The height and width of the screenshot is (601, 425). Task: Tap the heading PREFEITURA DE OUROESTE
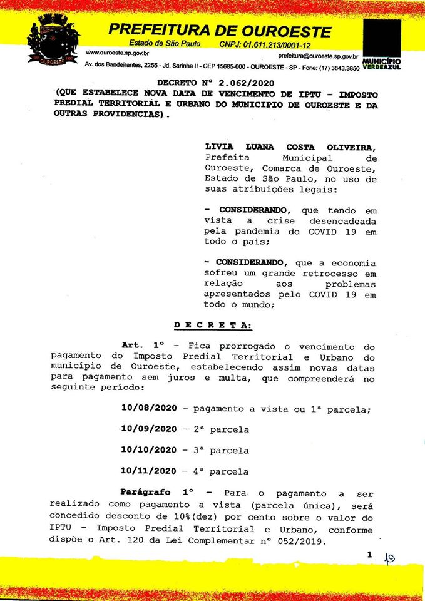[x=220, y=30]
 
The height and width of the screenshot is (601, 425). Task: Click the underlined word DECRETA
[x=212, y=325]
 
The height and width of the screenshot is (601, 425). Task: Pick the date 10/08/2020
[x=149, y=409]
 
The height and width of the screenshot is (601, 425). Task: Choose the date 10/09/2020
[x=149, y=429]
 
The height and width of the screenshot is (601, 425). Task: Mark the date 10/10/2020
[x=149, y=450]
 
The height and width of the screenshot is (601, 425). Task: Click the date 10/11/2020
[x=149, y=471]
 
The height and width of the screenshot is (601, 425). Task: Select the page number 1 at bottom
[x=369, y=555]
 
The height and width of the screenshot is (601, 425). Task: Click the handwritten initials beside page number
[x=389, y=558]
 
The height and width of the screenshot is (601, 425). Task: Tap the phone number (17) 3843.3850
[x=337, y=68]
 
